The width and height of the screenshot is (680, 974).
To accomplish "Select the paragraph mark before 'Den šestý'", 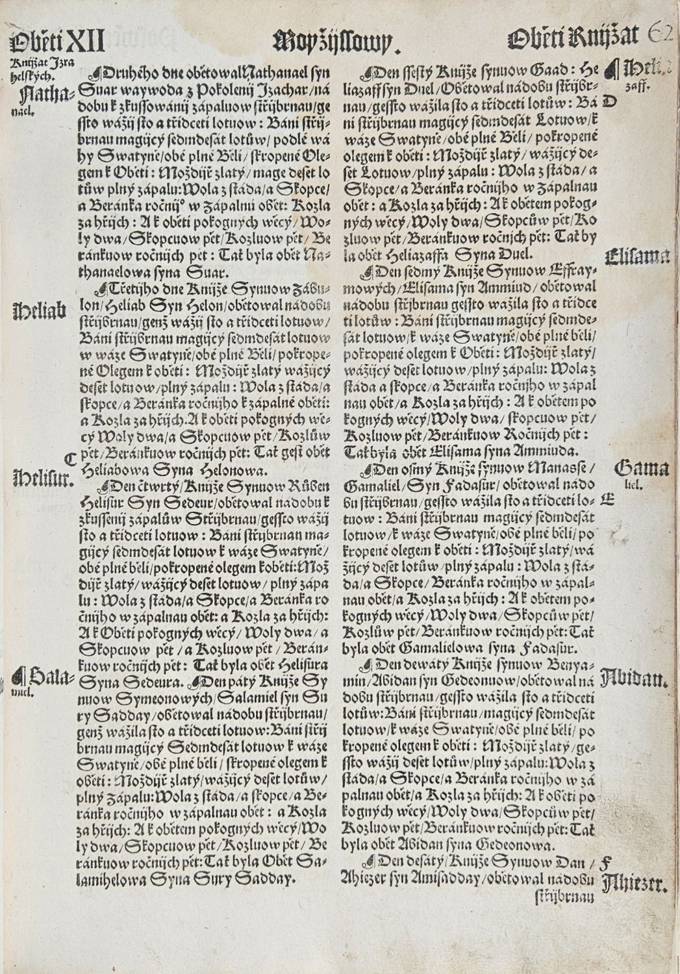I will pyautogui.click(x=369, y=72).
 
